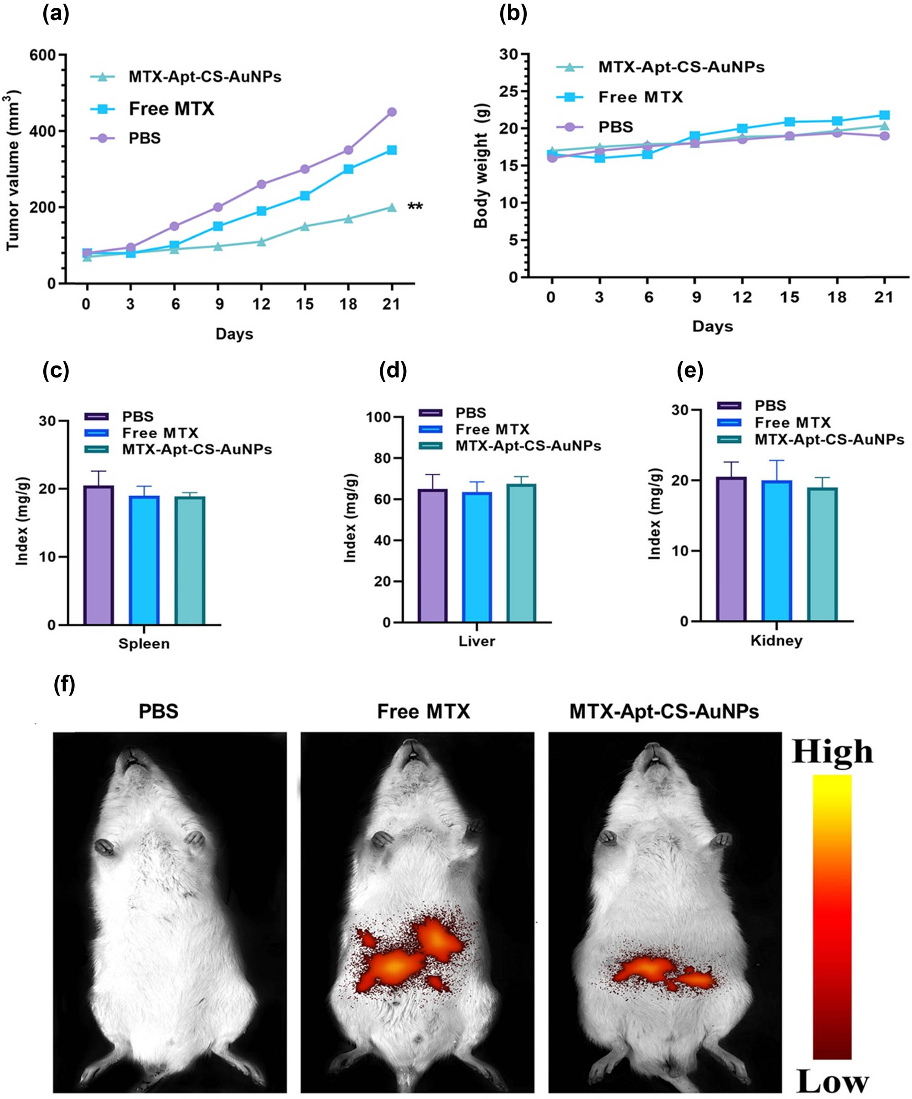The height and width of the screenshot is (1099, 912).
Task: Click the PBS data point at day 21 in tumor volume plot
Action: pyautogui.click(x=391, y=112)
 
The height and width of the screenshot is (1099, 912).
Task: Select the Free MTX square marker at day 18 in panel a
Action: pyautogui.click(x=348, y=169)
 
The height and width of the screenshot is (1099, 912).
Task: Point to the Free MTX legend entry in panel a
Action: pyautogui.click(x=171, y=109)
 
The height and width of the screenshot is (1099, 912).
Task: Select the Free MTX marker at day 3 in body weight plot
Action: pyautogui.click(x=599, y=157)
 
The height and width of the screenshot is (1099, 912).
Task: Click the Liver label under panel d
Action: pyautogui.click(x=477, y=641)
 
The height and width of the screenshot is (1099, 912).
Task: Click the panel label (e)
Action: pyautogui.click(x=690, y=371)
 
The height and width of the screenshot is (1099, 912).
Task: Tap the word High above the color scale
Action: pyautogui.click(x=832, y=753)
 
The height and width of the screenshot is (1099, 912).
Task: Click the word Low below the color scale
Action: pyautogui.click(x=832, y=1081)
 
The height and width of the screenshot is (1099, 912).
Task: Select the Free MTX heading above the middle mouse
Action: pyautogui.click(x=423, y=712)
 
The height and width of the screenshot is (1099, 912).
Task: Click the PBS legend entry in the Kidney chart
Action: pyautogui.click(x=770, y=406)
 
